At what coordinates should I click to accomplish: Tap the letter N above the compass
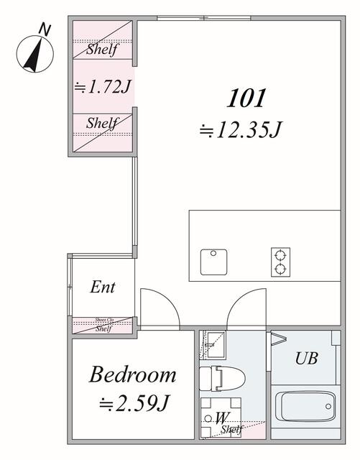click(x=45, y=29)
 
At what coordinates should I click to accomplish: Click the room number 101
click(x=247, y=97)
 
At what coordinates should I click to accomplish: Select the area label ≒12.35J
click(x=241, y=130)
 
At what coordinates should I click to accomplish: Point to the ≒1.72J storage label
click(x=102, y=86)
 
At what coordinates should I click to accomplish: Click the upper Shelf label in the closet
click(x=102, y=50)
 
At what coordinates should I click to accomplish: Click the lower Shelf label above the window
click(x=102, y=123)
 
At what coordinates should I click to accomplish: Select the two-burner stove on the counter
click(x=279, y=262)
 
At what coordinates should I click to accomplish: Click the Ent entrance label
click(x=103, y=287)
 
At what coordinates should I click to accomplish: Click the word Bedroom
click(x=133, y=374)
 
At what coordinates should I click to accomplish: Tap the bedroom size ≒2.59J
click(x=133, y=402)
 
